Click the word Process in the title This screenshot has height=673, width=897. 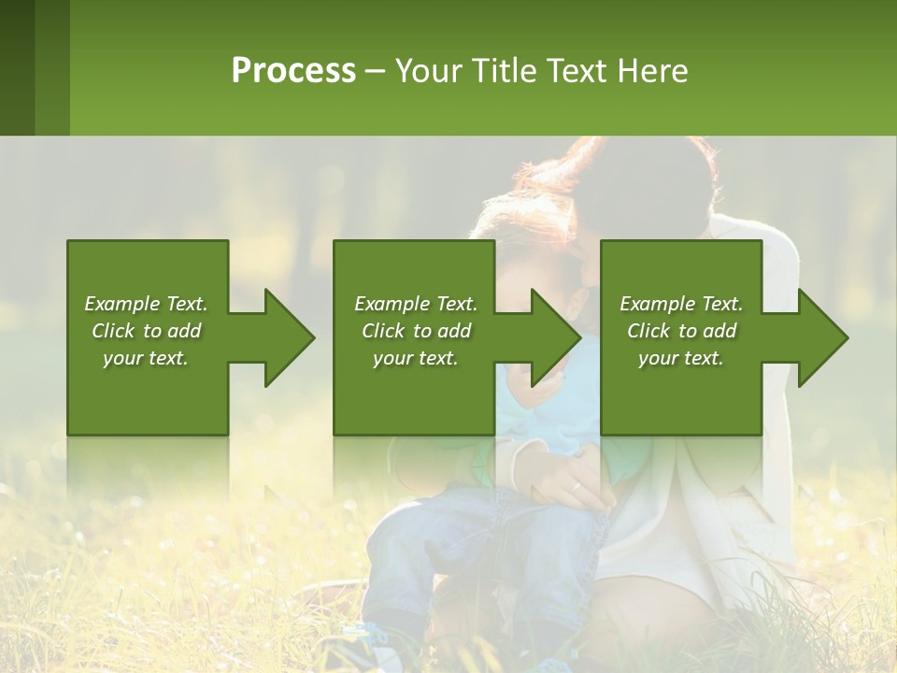(x=293, y=71)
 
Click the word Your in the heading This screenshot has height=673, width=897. (x=427, y=71)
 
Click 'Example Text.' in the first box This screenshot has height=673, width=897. (x=146, y=304)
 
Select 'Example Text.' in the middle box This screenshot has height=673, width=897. (x=416, y=304)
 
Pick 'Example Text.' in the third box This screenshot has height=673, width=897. (x=681, y=304)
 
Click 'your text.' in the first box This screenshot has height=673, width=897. (x=146, y=358)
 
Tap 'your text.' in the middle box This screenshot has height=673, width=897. (x=416, y=358)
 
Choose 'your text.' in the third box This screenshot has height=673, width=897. (x=681, y=358)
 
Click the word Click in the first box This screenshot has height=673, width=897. (x=114, y=331)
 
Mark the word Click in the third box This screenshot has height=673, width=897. (x=649, y=331)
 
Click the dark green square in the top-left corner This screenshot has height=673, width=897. (x=17, y=67)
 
